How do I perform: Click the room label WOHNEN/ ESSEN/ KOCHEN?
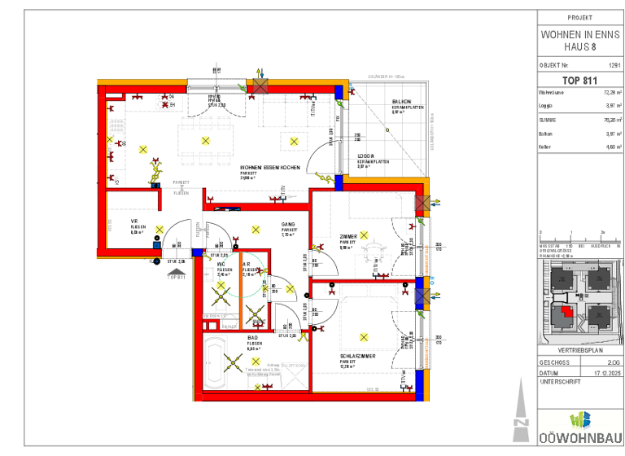point(269,168)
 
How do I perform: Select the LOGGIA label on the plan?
point(365,155)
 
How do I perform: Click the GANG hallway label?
point(288,224)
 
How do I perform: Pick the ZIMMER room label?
point(348,236)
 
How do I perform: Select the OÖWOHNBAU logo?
point(579,427)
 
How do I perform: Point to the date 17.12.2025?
point(606,373)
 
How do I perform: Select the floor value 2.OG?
point(613,362)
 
